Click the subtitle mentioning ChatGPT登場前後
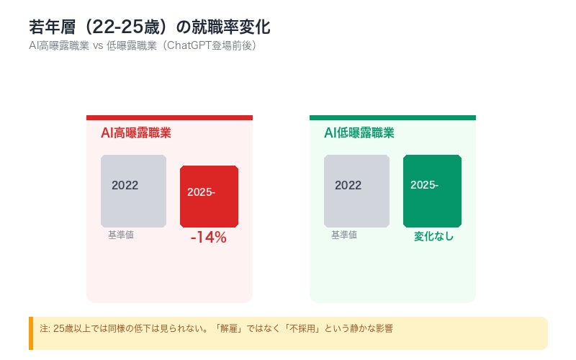[x=143, y=45]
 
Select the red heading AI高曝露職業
[x=136, y=133]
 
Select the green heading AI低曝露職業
[x=359, y=133]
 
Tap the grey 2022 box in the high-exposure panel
[x=133, y=191]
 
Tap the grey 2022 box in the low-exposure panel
[x=356, y=191]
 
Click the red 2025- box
[x=209, y=196]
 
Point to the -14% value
[x=208, y=238]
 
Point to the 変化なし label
[x=433, y=236]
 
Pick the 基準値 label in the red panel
[x=121, y=235]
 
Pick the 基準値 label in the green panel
[x=344, y=235]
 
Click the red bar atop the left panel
[x=169, y=117]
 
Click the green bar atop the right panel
[x=392, y=117]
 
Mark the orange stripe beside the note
[x=31, y=333]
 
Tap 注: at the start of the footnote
[x=45, y=328]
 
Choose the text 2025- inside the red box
[x=201, y=192]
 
